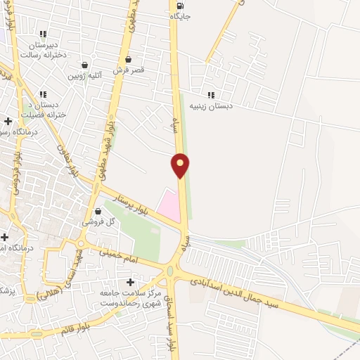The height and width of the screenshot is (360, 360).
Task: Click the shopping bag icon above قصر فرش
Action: (x=128, y=60)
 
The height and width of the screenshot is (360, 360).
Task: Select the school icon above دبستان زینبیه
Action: (x=211, y=95)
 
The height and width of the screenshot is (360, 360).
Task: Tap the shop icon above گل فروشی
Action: (x=96, y=210)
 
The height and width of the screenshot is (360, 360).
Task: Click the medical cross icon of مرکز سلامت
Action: (x=130, y=281)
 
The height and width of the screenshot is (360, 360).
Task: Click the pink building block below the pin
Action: (x=167, y=205)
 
